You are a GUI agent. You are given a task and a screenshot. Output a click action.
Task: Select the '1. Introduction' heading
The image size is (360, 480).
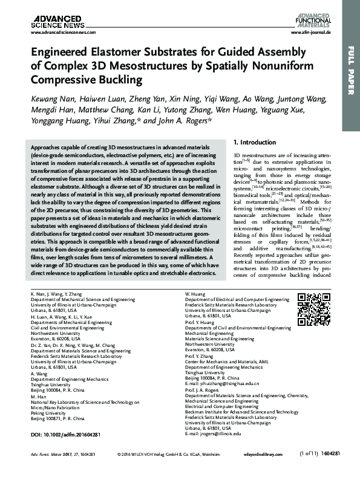click(255, 142)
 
